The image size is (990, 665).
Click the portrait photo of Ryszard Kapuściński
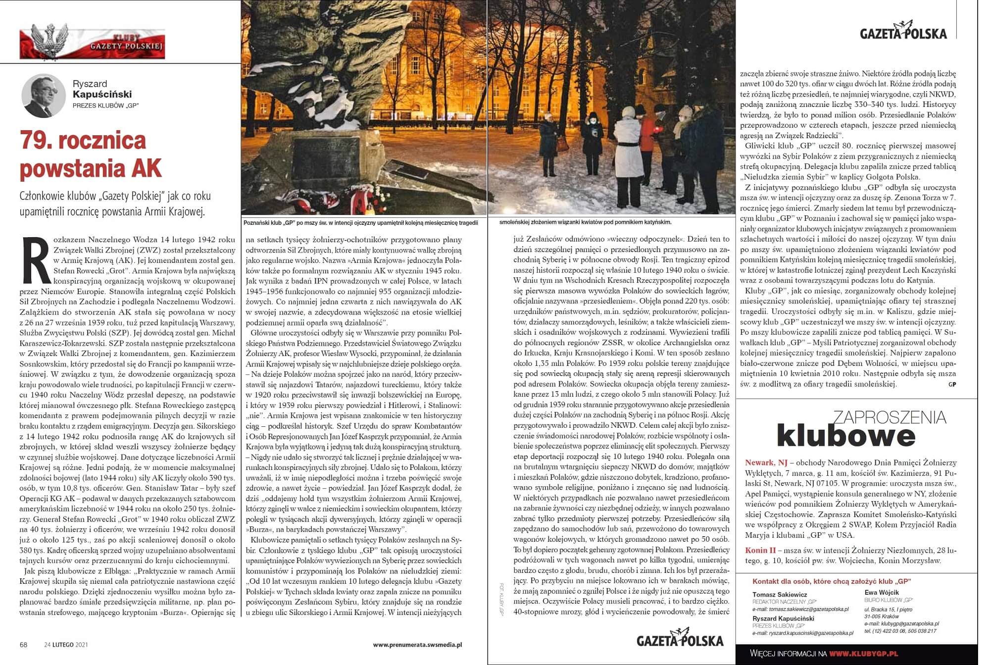pos(44,96)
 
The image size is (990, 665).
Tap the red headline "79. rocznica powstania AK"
pos(91,154)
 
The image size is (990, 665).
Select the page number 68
pos(23,645)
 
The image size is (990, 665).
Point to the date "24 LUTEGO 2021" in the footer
pos(66,645)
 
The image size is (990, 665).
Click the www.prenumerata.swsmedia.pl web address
pos(417,645)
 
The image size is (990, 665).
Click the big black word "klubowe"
pos(846,436)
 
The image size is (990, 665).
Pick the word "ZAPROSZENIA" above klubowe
pos(890,417)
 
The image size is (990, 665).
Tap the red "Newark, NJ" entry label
pos(766,462)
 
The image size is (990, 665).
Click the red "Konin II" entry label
pos(760,550)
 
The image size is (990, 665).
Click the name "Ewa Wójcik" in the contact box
pos(882,592)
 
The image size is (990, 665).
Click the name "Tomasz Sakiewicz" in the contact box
pos(780,594)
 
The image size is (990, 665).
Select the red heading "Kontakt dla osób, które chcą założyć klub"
pos(832,581)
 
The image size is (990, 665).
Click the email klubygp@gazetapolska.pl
pos(901,624)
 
